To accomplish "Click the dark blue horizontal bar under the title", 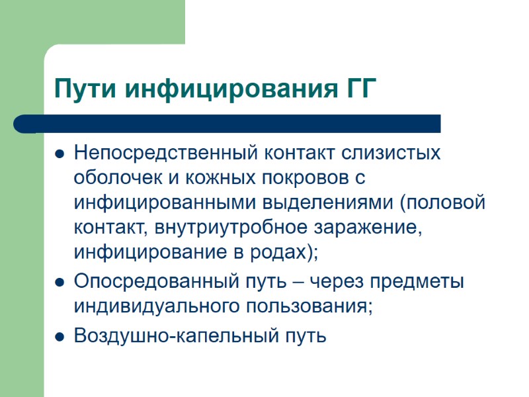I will [228, 124].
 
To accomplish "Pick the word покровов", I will [302, 179].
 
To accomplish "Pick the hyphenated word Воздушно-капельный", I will [177, 335].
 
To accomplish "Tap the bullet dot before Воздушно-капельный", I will [59, 336].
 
